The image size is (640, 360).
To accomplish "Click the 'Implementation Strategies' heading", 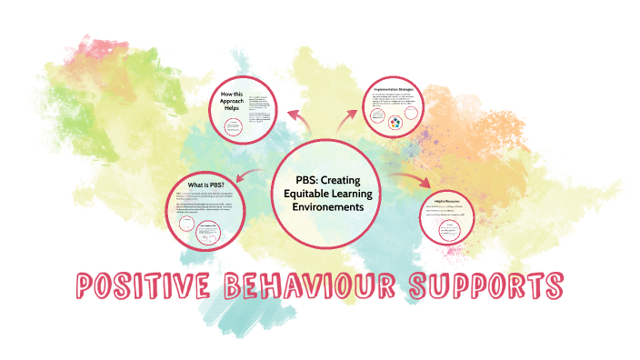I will point(395,89).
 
